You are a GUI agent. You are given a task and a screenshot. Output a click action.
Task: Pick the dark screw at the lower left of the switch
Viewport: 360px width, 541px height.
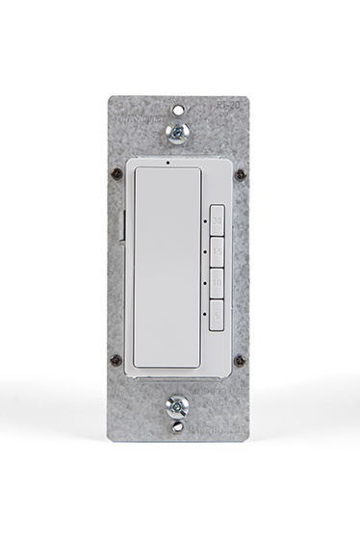121,363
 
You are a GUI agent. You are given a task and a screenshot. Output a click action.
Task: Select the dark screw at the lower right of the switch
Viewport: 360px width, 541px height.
238,363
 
